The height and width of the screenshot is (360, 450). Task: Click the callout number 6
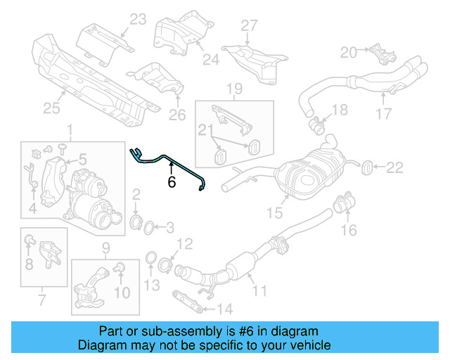click(x=171, y=182)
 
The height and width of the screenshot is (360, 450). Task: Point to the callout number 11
click(x=260, y=290)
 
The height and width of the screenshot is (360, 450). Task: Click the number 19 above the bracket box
click(x=235, y=89)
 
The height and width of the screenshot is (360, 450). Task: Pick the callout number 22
click(x=395, y=167)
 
